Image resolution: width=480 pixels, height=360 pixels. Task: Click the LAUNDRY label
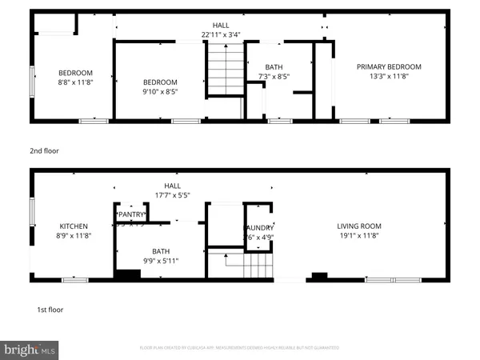259,227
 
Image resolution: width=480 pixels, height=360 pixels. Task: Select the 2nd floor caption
46,150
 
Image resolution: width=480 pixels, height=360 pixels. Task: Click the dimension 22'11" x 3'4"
221,34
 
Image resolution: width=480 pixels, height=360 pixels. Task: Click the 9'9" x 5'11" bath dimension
162,261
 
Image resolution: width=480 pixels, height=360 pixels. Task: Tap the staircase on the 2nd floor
225,70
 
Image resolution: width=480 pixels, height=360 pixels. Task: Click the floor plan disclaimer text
239,348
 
